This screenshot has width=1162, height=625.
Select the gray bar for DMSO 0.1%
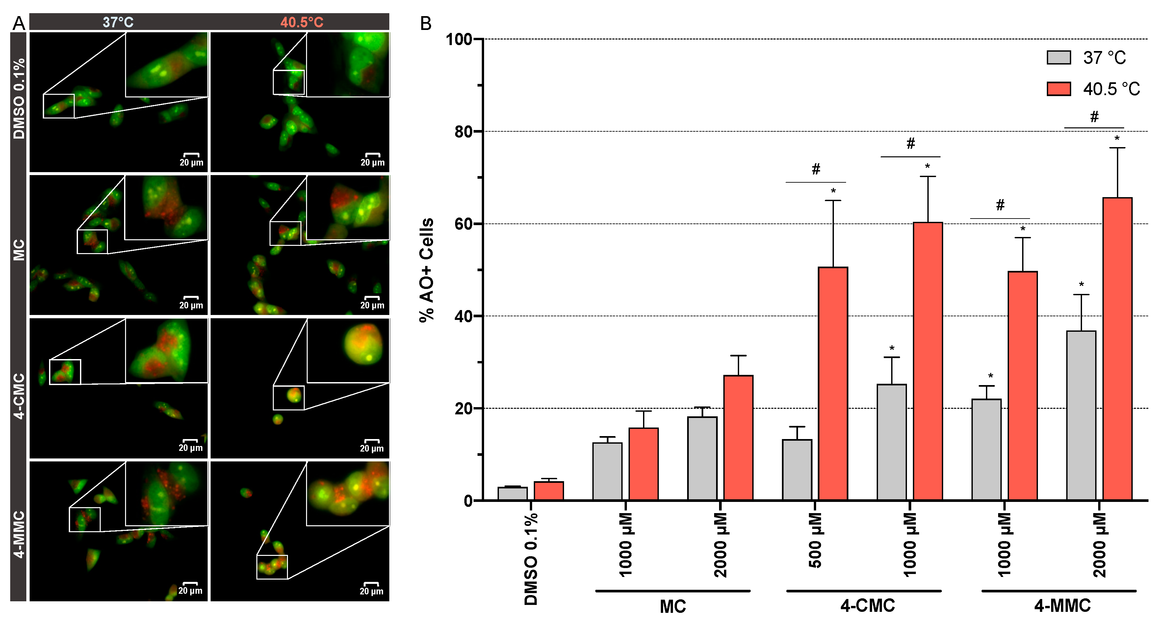click(x=512, y=493)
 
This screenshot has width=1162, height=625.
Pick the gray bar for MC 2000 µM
click(x=702, y=458)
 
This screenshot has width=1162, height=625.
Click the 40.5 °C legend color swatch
click(x=1059, y=89)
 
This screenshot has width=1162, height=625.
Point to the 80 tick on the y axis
click(x=479, y=131)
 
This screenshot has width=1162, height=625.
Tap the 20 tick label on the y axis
click(x=463, y=408)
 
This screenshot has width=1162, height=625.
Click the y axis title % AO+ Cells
click(x=426, y=270)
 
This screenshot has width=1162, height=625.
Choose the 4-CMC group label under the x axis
click(x=867, y=606)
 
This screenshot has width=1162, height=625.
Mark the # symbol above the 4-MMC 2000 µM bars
click(x=1094, y=117)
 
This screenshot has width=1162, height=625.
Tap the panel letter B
click(x=426, y=23)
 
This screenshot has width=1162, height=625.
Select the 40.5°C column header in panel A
click(x=301, y=22)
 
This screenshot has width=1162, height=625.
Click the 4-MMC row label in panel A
click(x=18, y=534)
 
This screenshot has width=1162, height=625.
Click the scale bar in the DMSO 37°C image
click(x=191, y=155)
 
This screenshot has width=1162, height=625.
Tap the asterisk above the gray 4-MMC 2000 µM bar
click(x=1081, y=285)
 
